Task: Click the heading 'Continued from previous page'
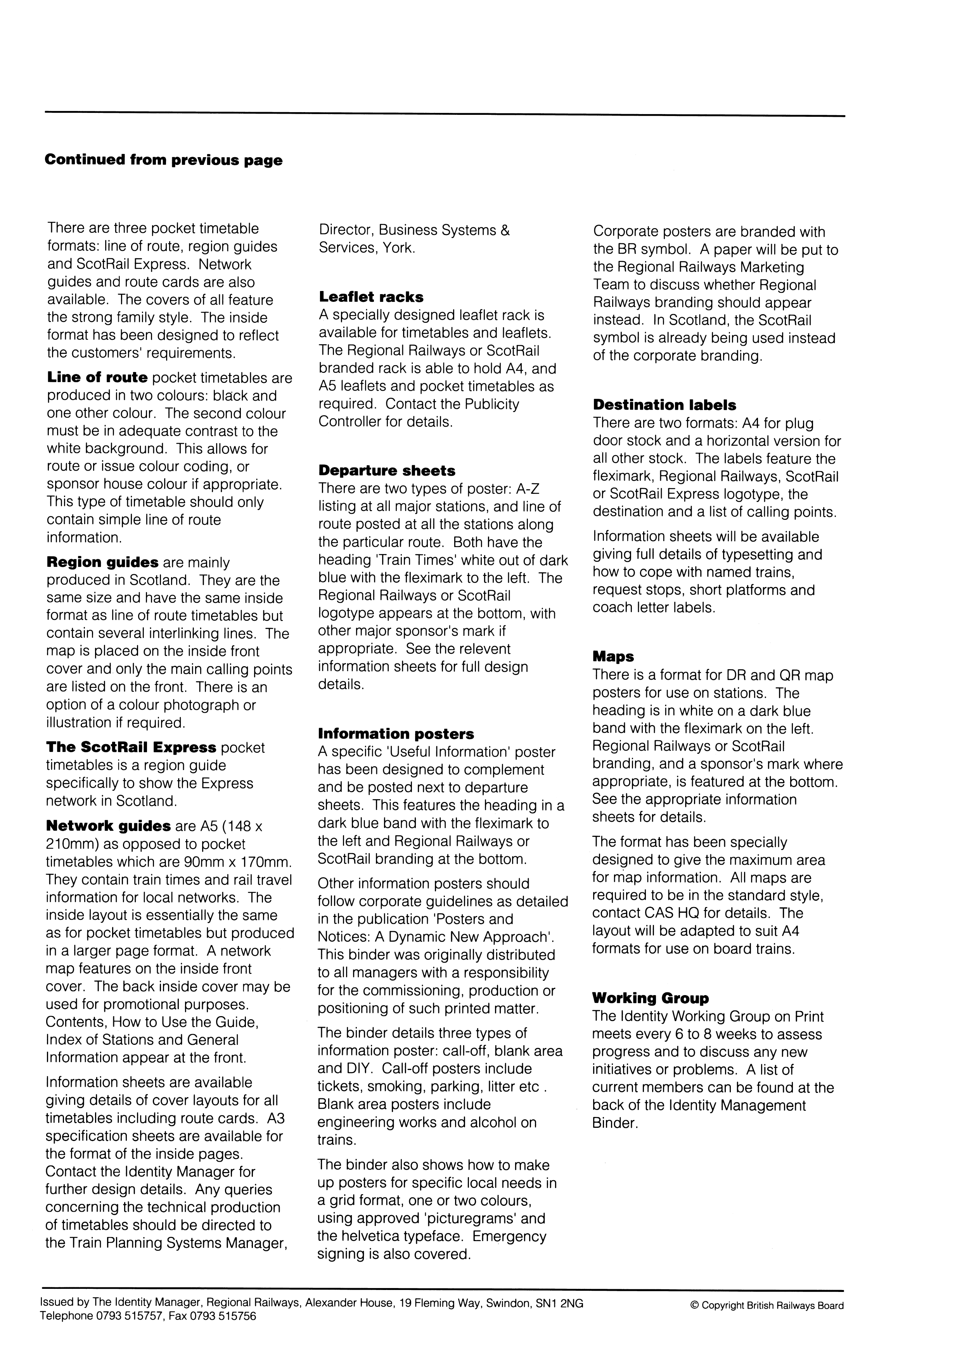point(164,160)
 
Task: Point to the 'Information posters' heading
point(396,734)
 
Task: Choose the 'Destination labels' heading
point(664,405)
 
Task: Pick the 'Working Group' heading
point(650,998)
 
